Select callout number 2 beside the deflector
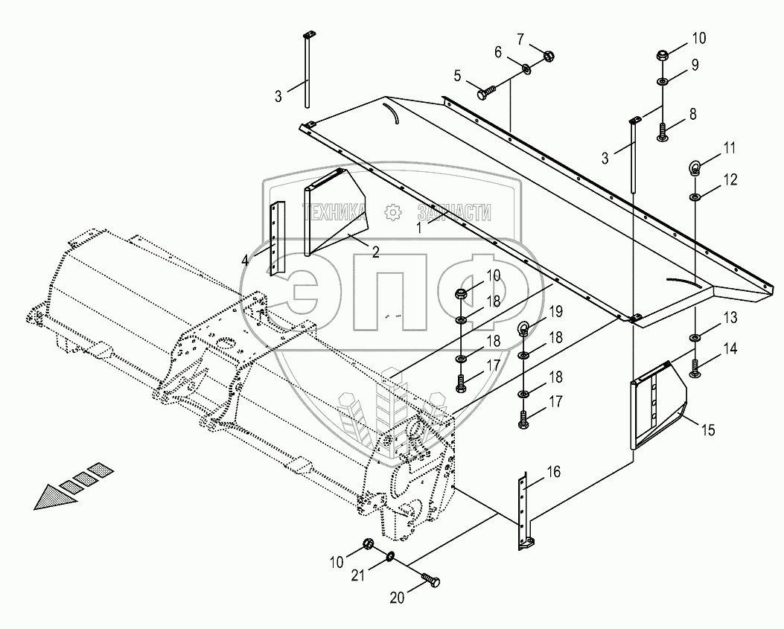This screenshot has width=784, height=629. (375, 252)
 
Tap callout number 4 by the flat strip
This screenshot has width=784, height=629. (246, 260)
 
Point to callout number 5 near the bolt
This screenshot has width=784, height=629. (457, 75)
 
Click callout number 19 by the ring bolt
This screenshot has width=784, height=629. (556, 310)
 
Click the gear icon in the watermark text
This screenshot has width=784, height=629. (392, 213)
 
